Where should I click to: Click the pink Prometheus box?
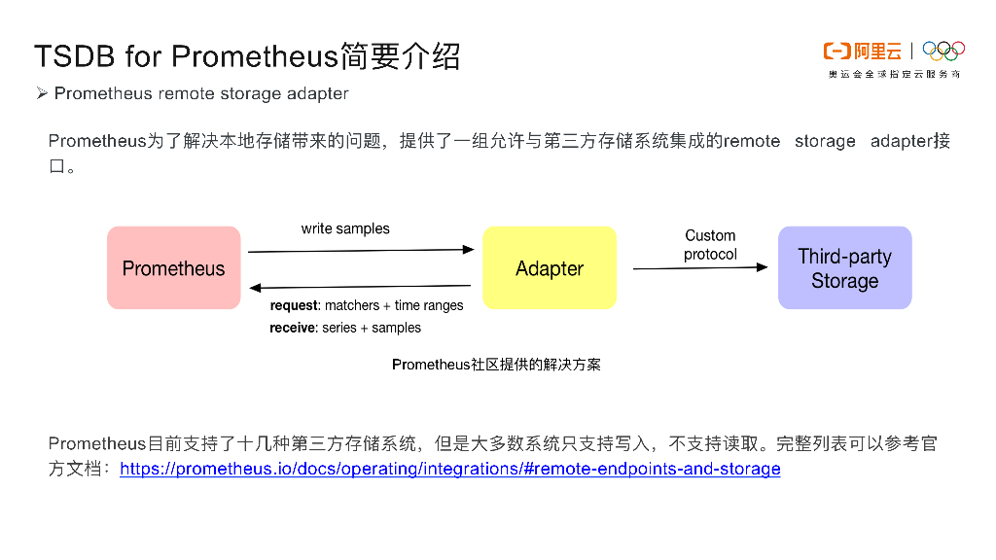[173, 268]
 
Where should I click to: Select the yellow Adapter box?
[550, 268]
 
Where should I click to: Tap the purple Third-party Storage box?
[844, 268]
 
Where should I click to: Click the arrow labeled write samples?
[360, 251]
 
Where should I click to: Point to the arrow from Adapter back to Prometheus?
[360, 287]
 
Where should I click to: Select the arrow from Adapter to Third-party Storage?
[700, 267]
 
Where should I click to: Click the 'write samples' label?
[345, 229]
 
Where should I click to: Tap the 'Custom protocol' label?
[710, 245]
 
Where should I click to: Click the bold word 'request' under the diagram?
[295, 305]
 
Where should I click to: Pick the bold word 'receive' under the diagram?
[293, 328]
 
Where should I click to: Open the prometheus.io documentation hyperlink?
[449, 470]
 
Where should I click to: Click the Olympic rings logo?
[943, 51]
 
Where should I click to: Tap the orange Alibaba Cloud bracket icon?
[836, 51]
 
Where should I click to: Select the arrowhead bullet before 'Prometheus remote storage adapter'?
[42, 93]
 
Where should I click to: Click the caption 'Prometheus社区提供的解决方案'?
[496, 365]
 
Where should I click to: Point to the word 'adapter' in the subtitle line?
[317, 93]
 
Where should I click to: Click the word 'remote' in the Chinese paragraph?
[752, 141]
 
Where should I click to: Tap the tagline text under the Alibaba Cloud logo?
[893, 74]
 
